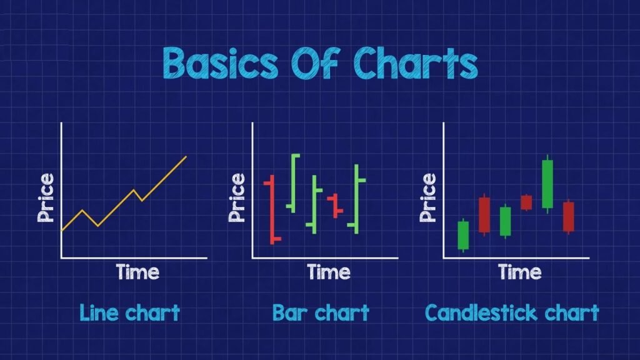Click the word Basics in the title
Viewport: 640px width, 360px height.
point(221,62)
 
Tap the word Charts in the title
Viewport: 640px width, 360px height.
point(416,62)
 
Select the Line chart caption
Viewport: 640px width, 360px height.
point(130,313)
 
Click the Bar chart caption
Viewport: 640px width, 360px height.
point(321,313)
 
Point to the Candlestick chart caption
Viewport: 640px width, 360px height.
point(512,313)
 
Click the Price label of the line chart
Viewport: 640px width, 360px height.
point(46,197)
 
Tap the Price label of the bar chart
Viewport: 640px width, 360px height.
point(237,197)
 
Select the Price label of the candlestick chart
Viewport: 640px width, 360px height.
point(427,197)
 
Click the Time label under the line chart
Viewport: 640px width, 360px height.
point(137,272)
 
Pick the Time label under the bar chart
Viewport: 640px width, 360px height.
point(329,272)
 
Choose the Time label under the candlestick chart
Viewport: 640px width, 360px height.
point(519,272)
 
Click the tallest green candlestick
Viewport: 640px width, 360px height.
point(547,184)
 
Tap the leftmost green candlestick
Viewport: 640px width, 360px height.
point(463,235)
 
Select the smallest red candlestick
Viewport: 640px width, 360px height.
point(526,202)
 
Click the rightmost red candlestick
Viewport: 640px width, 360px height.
point(569,217)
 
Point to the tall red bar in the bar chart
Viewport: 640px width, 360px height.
point(272,210)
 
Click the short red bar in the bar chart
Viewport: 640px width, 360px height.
point(336,206)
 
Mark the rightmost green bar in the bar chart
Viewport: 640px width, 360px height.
point(356,199)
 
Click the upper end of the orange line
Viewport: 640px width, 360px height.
point(186,156)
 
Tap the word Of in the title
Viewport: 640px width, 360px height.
point(315,62)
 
